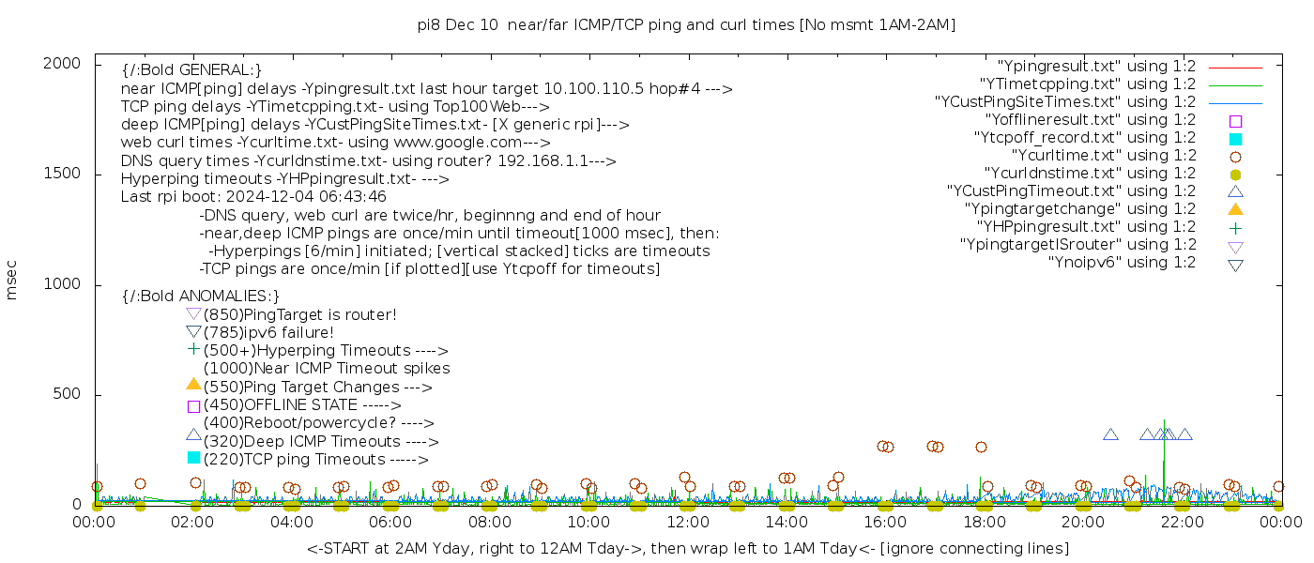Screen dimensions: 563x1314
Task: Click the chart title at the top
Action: [x=687, y=25]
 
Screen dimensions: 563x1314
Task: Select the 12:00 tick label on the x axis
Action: [x=687, y=522]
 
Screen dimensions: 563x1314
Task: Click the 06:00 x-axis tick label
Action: [x=390, y=522]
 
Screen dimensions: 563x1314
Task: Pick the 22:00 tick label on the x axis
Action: [x=1181, y=522]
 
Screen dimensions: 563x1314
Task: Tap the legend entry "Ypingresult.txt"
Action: [x=1096, y=67]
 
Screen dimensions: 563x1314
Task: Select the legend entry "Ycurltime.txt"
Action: [x=1103, y=156]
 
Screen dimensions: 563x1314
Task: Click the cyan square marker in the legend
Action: [x=1235, y=139]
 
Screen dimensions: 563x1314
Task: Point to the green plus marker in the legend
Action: [x=1235, y=228]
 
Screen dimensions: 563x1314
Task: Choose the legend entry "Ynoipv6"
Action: [x=1122, y=263]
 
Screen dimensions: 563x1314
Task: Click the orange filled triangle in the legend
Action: [x=1235, y=209]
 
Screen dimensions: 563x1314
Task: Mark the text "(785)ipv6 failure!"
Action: [x=268, y=333]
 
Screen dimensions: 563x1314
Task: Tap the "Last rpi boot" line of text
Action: [x=253, y=198]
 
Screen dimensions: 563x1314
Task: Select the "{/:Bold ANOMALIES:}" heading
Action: [x=201, y=297]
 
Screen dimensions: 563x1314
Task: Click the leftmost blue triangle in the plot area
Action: [x=1110, y=434]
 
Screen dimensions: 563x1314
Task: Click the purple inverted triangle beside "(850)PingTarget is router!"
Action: [x=193, y=313]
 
